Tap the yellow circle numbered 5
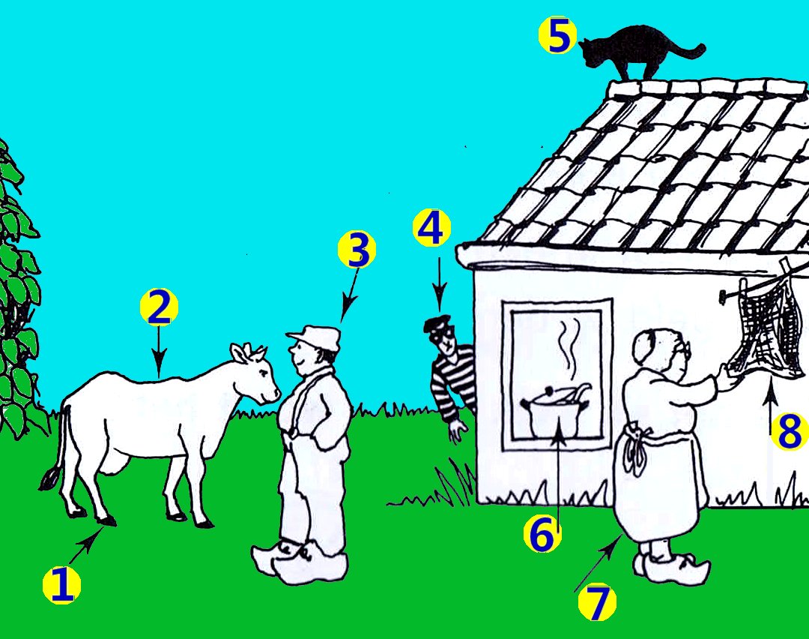coord(557,36)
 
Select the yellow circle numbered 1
coord(61,585)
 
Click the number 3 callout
coord(357,249)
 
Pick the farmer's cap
coord(315,337)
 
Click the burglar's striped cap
coord(437,322)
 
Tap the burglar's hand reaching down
coord(457,430)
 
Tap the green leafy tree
coord(18,289)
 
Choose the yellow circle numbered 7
coord(597,601)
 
